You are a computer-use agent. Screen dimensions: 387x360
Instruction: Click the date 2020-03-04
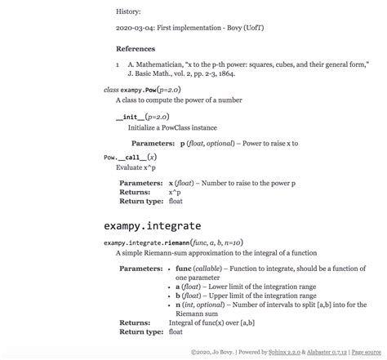tap(135, 29)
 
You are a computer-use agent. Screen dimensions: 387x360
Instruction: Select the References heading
tap(136, 49)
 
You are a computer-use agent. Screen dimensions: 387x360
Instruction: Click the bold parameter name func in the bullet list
tap(183, 269)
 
